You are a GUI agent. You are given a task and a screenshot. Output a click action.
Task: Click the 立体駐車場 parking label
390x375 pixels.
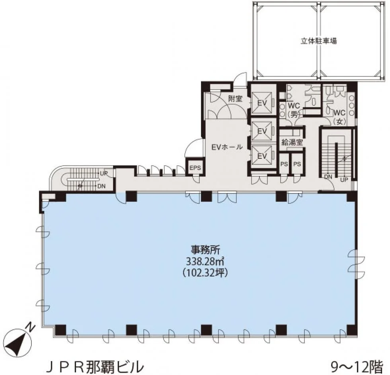[319, 41]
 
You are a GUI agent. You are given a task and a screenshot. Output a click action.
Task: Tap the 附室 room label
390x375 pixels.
[235, 99]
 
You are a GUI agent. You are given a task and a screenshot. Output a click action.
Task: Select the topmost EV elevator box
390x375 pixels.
[262, 103]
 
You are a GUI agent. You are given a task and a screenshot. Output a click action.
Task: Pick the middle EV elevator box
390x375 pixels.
[262, 131]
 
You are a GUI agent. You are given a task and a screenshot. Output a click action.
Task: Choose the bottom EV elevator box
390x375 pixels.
[262, 156]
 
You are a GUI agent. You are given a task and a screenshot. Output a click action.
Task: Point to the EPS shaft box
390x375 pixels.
[195, 168]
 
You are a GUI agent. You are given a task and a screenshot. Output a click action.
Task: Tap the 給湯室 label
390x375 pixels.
[292, 143]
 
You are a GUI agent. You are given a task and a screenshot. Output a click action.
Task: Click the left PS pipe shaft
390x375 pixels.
[284, 164]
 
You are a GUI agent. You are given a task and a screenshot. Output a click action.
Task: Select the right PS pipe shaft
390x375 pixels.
[297, 164]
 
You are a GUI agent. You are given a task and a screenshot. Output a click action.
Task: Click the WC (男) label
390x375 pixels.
[294, 109]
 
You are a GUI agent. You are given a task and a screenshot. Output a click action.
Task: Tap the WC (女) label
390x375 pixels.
[339, 117]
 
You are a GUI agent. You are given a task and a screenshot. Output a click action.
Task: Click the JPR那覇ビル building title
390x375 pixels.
[95, 365]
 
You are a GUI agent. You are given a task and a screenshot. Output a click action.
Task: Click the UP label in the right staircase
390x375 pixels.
[344, 179]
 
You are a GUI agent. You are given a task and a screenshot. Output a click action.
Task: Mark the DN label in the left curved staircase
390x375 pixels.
[101, 186]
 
